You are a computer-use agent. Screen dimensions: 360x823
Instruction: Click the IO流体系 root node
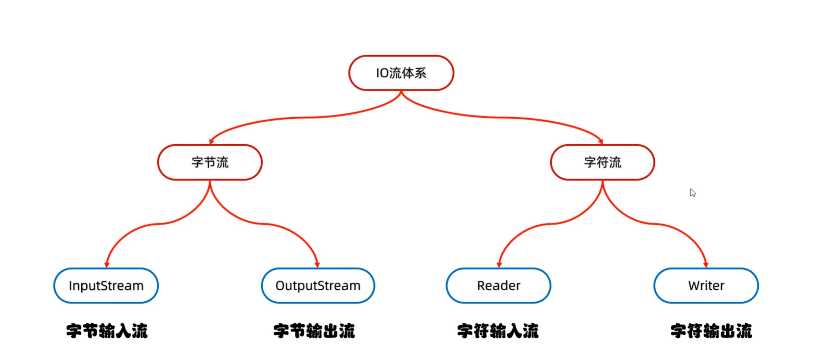coord(401,73)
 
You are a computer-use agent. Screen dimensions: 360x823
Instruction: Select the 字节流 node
coord(210,162)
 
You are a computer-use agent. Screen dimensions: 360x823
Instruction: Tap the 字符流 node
coord(603,162)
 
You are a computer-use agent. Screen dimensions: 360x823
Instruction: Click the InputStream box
coord(106,286)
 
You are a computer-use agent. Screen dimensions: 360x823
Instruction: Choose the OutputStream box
coord(318,286)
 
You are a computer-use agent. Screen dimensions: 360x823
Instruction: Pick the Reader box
coord(498,286)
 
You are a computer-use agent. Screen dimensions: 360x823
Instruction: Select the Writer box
coord(706,286)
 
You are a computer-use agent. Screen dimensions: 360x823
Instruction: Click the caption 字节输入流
coord(107,331)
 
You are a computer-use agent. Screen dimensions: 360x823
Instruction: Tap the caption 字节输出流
coord(314,331)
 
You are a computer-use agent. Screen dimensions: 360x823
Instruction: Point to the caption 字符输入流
coord(498,331)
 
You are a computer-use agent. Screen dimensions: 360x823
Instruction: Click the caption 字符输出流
coord(711,331)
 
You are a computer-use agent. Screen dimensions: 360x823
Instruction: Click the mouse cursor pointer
coord(693,193)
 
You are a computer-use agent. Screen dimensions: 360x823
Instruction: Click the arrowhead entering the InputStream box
coord(107,265)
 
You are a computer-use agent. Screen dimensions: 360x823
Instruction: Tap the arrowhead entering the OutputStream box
coord(317,265)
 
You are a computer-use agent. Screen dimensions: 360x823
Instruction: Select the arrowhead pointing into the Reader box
coord(499,265)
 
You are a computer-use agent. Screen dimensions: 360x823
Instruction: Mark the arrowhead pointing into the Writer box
coord(706,265)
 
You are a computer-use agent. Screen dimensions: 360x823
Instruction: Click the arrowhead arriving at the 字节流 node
coord(211,141)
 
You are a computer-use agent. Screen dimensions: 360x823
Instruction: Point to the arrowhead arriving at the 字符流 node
coord(601,141)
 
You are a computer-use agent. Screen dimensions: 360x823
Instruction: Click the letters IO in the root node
coord(382,73)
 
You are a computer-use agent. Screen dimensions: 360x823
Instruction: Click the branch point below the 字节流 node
coord(210,182)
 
